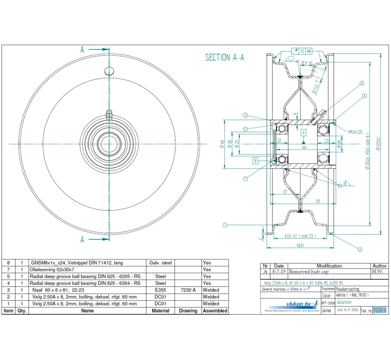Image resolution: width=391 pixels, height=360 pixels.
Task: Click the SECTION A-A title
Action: click(x=224, y=58)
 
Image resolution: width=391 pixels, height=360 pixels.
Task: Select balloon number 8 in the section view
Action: click(x=362, y=83)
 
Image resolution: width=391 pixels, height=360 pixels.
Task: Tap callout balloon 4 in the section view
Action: click(x=365, y=95)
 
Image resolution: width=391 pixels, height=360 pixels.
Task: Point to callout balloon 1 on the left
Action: click(x=224, y=225)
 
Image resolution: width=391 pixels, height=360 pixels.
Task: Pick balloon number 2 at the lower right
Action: click(x=359, y=250)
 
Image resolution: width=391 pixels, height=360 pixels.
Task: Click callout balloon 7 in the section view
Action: click(x=245, y=179)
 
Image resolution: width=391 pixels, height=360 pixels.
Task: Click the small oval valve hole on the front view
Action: click(x=108, y=70)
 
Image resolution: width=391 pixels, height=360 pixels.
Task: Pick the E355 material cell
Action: click(x=160, y=290)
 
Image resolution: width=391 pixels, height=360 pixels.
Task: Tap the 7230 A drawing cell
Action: click(x=188, y=290)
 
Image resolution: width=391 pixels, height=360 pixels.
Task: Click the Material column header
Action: click(x=160, y=311)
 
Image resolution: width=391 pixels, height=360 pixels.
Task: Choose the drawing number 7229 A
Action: click(x=380, y=310)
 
